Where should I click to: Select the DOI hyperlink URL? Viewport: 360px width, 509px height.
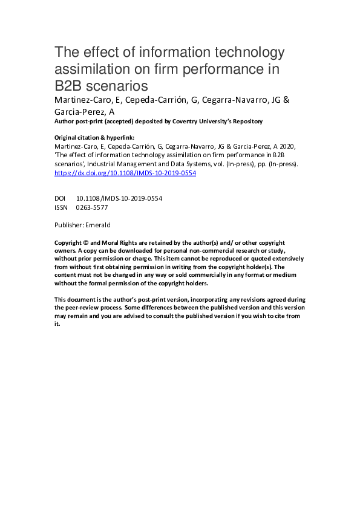pyautogui.click(x=125, y=172)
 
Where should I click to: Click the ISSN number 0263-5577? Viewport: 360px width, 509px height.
pyautogui.click(x=93, y=207)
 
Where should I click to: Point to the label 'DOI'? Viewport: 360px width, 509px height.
pyautogui.click(x=60, y=198)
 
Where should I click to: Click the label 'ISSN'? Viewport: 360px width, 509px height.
pyautogui.click(x=61, y=207)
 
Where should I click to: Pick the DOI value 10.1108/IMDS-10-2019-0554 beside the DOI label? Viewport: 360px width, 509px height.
pyautogui.click(x=119, y=198)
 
